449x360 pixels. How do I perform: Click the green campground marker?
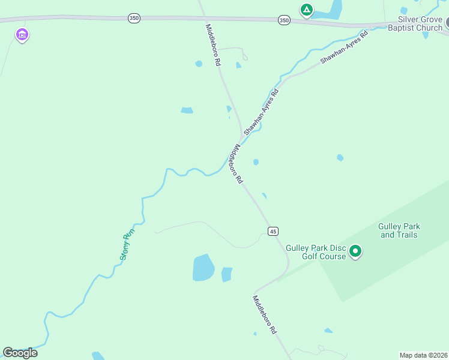point(306,10)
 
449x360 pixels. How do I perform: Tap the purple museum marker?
point(22,35)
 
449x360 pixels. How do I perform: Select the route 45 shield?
point(273,231)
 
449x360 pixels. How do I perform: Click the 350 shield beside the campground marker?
point(284,20)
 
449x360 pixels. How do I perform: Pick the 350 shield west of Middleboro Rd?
point(134,19)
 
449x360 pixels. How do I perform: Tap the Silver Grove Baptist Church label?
point(415,23)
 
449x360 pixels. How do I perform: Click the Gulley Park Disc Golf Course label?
point(316,252)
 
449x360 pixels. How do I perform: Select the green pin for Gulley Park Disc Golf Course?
point(355,251)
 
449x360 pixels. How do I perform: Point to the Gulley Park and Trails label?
point(399,230)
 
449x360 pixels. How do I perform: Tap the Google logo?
point(20,353)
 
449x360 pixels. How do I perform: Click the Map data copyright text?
point(423,355)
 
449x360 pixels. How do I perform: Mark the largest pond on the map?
point(203,268)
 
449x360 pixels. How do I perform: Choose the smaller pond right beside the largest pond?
point(226,274)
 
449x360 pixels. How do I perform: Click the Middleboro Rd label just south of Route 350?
point(213,44)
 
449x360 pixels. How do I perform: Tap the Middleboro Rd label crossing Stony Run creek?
point(235,164)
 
